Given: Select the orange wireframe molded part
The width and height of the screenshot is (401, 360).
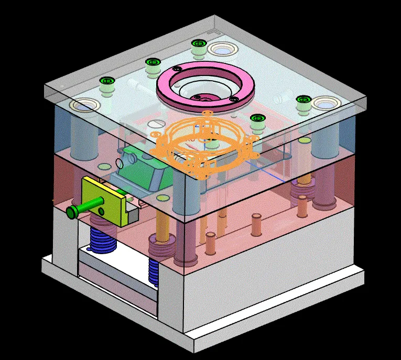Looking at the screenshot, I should tap(204, 145).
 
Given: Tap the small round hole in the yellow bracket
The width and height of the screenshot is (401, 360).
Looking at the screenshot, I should tap(102, 211).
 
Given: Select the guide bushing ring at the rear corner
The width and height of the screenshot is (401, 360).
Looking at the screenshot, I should tap(223, 51).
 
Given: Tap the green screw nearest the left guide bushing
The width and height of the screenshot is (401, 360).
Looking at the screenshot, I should tap(107, 82).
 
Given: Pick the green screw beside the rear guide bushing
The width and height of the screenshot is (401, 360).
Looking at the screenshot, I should tap(198, 44).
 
